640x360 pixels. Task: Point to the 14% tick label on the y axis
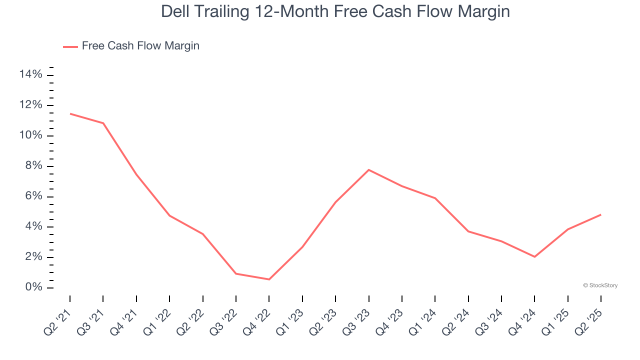(30, 75)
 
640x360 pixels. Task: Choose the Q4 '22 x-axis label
(257, 318)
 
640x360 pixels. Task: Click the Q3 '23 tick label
(356, 318)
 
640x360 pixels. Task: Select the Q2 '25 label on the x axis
(589, 318)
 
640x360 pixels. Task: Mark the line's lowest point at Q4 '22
(269, 279)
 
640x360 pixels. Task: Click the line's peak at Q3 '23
(368, 170)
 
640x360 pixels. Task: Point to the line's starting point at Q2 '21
(70, 113)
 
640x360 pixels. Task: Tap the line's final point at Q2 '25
(600, 214)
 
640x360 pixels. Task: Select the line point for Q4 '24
(534, 256)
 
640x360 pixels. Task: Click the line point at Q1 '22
(169, 215)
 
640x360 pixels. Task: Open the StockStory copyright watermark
(600, 285)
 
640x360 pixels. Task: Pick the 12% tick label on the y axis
(30, 105)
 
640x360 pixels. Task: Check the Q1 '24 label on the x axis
(423, 318)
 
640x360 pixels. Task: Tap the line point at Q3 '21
(103, 123)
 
